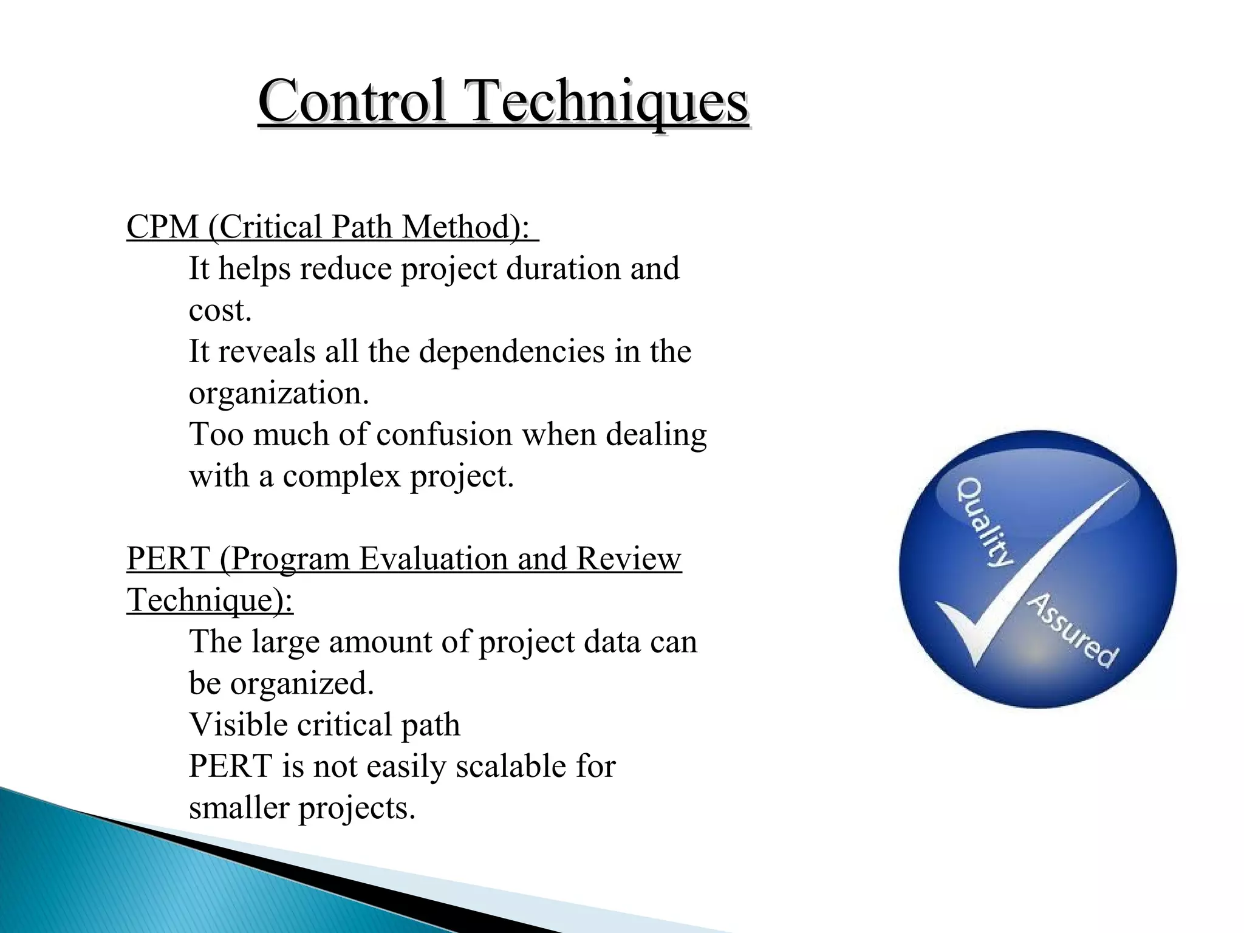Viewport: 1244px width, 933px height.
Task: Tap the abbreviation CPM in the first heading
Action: (162, 227)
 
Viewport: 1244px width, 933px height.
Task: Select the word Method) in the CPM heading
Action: (465, 227)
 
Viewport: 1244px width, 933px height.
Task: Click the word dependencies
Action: (511, 352)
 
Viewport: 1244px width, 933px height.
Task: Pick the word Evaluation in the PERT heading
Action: (432, 559)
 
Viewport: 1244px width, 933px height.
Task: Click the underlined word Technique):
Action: (210, 600)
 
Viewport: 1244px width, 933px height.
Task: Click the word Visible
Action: (238, 725)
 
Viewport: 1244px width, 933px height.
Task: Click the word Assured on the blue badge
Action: (1073, 630)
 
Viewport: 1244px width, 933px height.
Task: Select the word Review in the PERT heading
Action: (628, 559)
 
